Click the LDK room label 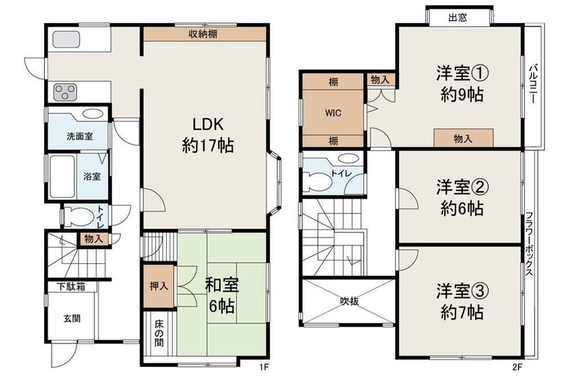pos(207,135)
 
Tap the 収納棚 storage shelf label pos(203,34)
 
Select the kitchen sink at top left pos(66,39)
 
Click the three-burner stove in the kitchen pos(66,92)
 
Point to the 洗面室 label pos(80,137)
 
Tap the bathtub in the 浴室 pos(62,176)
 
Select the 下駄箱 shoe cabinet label pos(71,286)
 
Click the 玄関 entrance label pos(72,319)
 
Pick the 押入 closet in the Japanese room pos(159,286)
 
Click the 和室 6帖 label pos(221,295)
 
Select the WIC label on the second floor pos(333,113)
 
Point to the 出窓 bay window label pos(458,18)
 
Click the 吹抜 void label pos(349,301)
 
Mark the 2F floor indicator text pos(518,367)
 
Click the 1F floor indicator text pos(264,367)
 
